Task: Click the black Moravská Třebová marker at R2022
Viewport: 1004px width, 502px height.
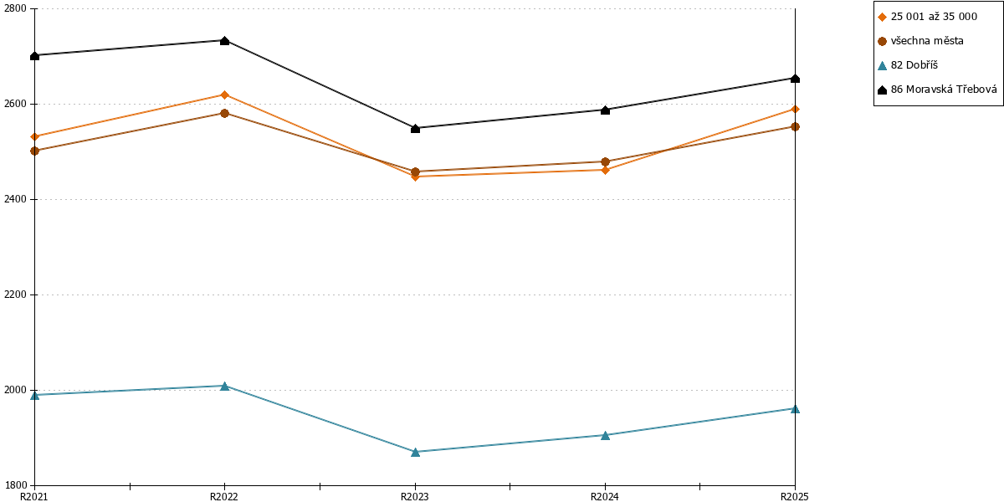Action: click(224, 41)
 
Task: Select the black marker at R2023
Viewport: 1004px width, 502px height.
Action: click(415, 129)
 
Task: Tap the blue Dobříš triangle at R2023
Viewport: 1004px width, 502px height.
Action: click(415, 452)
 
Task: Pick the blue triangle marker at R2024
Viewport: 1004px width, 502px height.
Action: click(605, 435)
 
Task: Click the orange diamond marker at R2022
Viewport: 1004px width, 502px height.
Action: click(224, 95)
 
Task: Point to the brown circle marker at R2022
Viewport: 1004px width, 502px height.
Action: click(224, 114)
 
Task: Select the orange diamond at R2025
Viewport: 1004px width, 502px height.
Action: click(795, 110)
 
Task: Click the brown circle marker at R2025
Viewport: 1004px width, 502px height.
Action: click(795, 127)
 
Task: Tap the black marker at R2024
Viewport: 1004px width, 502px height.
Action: click(605, 110)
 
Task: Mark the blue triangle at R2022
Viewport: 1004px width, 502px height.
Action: click(224, 386)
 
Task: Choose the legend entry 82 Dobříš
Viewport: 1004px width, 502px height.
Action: click(908, 65)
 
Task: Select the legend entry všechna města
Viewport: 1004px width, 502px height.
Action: click(920, 41)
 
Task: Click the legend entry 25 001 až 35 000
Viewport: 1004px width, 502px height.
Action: click(927, 17)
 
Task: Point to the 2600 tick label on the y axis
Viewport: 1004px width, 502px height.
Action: click(15, 104)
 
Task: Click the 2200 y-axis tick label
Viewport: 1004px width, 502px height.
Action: click(15, 295)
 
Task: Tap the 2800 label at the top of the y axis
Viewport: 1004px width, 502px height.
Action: click(15, 8)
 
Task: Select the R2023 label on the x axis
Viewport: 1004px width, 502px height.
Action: click(415, 497)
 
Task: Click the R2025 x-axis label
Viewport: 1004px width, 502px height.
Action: click(795, 497)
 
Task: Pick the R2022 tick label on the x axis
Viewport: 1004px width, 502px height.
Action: click(224, 497)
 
